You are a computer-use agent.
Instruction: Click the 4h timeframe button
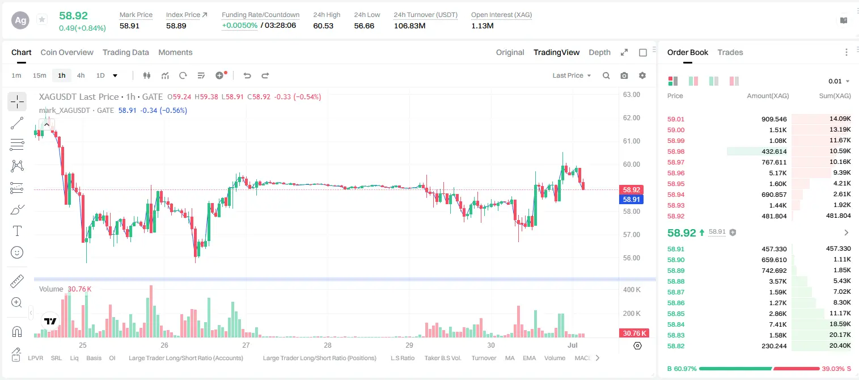coord(81,75)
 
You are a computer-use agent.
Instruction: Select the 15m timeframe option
coord(40,75)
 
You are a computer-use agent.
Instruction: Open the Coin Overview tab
coord(67,52)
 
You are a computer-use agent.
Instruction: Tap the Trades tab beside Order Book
coord(730,52)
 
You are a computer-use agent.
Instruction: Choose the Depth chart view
coord(599,52)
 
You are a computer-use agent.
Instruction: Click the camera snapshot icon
coord(624,75)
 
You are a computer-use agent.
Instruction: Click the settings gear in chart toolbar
coord(642,75)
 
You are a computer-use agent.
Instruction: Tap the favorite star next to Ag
coord(42,19)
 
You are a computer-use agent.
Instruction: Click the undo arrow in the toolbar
coord(247,75)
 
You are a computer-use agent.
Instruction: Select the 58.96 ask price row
coord(676,173)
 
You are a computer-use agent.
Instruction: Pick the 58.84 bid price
coord(676,324)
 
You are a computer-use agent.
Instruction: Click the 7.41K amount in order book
coord(778,324)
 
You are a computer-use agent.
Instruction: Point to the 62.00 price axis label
coord(632,118)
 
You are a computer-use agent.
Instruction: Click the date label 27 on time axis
coord(246,345)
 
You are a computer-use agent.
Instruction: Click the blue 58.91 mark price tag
coord(631,200)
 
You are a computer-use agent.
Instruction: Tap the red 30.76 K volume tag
coord(634,333)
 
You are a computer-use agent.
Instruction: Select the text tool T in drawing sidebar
coord(17,231)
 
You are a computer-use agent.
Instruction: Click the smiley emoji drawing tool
coord(17,252)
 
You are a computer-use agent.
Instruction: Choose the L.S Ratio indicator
coord(402,358)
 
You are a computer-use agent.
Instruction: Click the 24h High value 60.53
coord(323,26)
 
